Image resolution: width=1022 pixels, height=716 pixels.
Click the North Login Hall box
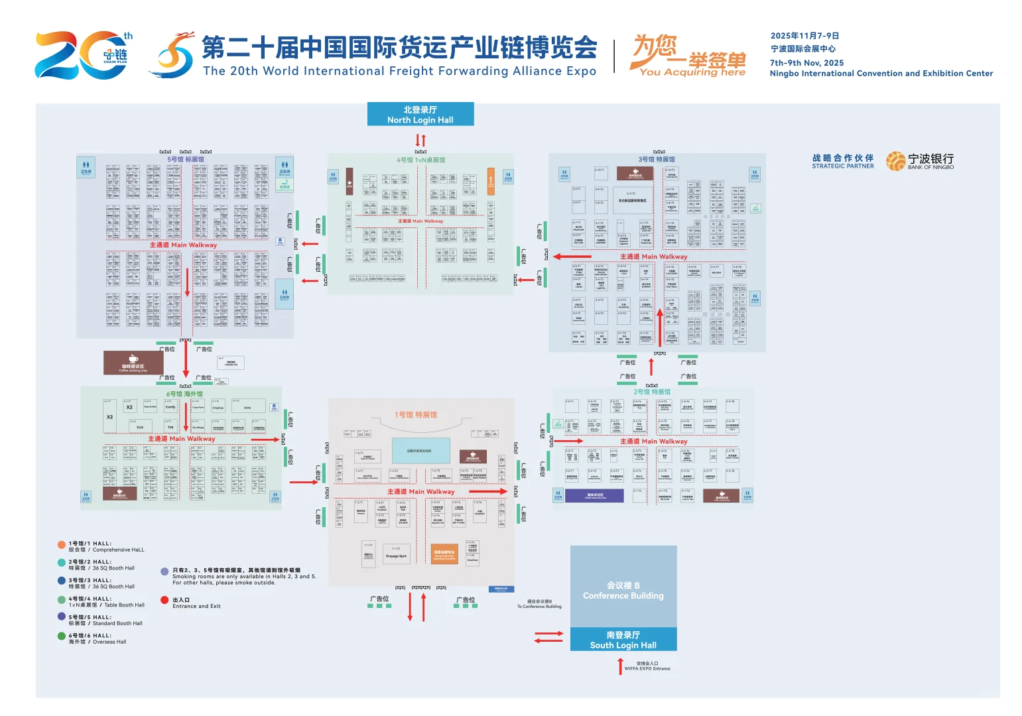tap(420, 114)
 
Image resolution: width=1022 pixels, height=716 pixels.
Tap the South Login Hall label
tap(623, 640)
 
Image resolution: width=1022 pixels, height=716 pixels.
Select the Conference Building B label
tap(623, 590)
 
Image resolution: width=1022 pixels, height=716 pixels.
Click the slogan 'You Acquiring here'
tap(692, 72)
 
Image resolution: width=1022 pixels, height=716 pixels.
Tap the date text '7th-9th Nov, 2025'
tap(806, 63)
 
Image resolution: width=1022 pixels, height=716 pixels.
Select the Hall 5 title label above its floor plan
tap(186, 160)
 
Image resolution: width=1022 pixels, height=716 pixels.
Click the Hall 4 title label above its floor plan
tap(420, 160)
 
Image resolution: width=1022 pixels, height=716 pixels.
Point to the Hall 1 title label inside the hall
tap(416, 415)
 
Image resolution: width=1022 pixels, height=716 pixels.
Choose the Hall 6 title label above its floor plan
tap(184, 394)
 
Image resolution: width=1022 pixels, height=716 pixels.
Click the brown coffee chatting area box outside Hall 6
tap(133, 363)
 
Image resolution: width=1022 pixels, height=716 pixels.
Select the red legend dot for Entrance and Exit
tap(164, 601)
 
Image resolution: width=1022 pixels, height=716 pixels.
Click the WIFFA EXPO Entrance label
tap(647, 666)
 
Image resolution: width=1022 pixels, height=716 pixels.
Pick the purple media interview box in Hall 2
tap(594, 495)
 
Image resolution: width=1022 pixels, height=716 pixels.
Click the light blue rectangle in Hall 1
tap(420, 450)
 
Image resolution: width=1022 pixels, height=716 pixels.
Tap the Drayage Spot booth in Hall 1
tap(396, 555)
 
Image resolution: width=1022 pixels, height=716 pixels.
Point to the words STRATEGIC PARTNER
tap(842, 166)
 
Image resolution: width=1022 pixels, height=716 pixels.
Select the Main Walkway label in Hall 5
tap(183, 245)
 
